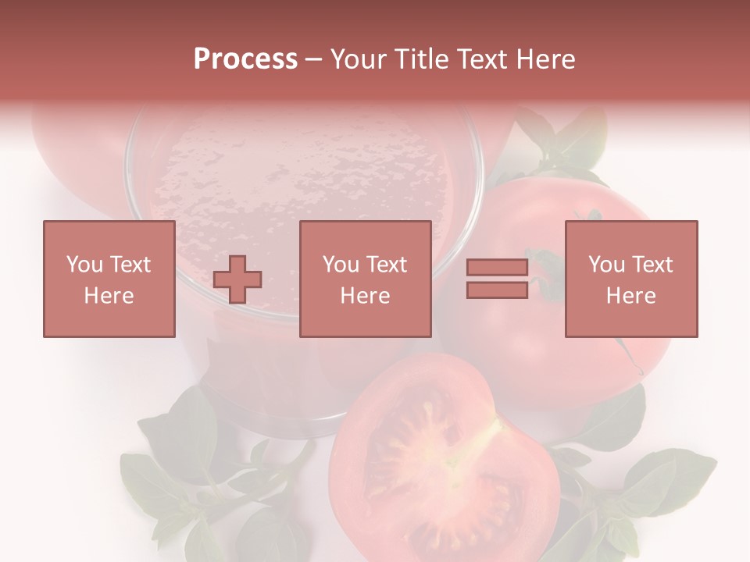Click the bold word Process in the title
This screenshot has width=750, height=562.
[x=245, y=59]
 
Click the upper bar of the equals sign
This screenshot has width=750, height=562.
[x=497, y=268]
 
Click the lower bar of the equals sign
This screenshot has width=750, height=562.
[x=497, y=290]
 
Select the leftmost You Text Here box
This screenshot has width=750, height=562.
[x=109, y=279]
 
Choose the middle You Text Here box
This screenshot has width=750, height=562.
[x=365, y=279]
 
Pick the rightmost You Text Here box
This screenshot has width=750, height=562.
[x=630, y=279]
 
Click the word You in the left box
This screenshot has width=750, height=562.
[x=84, y=264]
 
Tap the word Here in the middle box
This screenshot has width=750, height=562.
[x=365, y=296]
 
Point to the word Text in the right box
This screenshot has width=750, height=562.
[x=652, y=264]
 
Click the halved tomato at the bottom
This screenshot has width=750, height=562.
[x=441, y=461]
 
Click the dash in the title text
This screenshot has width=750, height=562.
[x=313, y=59]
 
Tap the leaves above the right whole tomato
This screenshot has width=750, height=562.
[x=562, y=140]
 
